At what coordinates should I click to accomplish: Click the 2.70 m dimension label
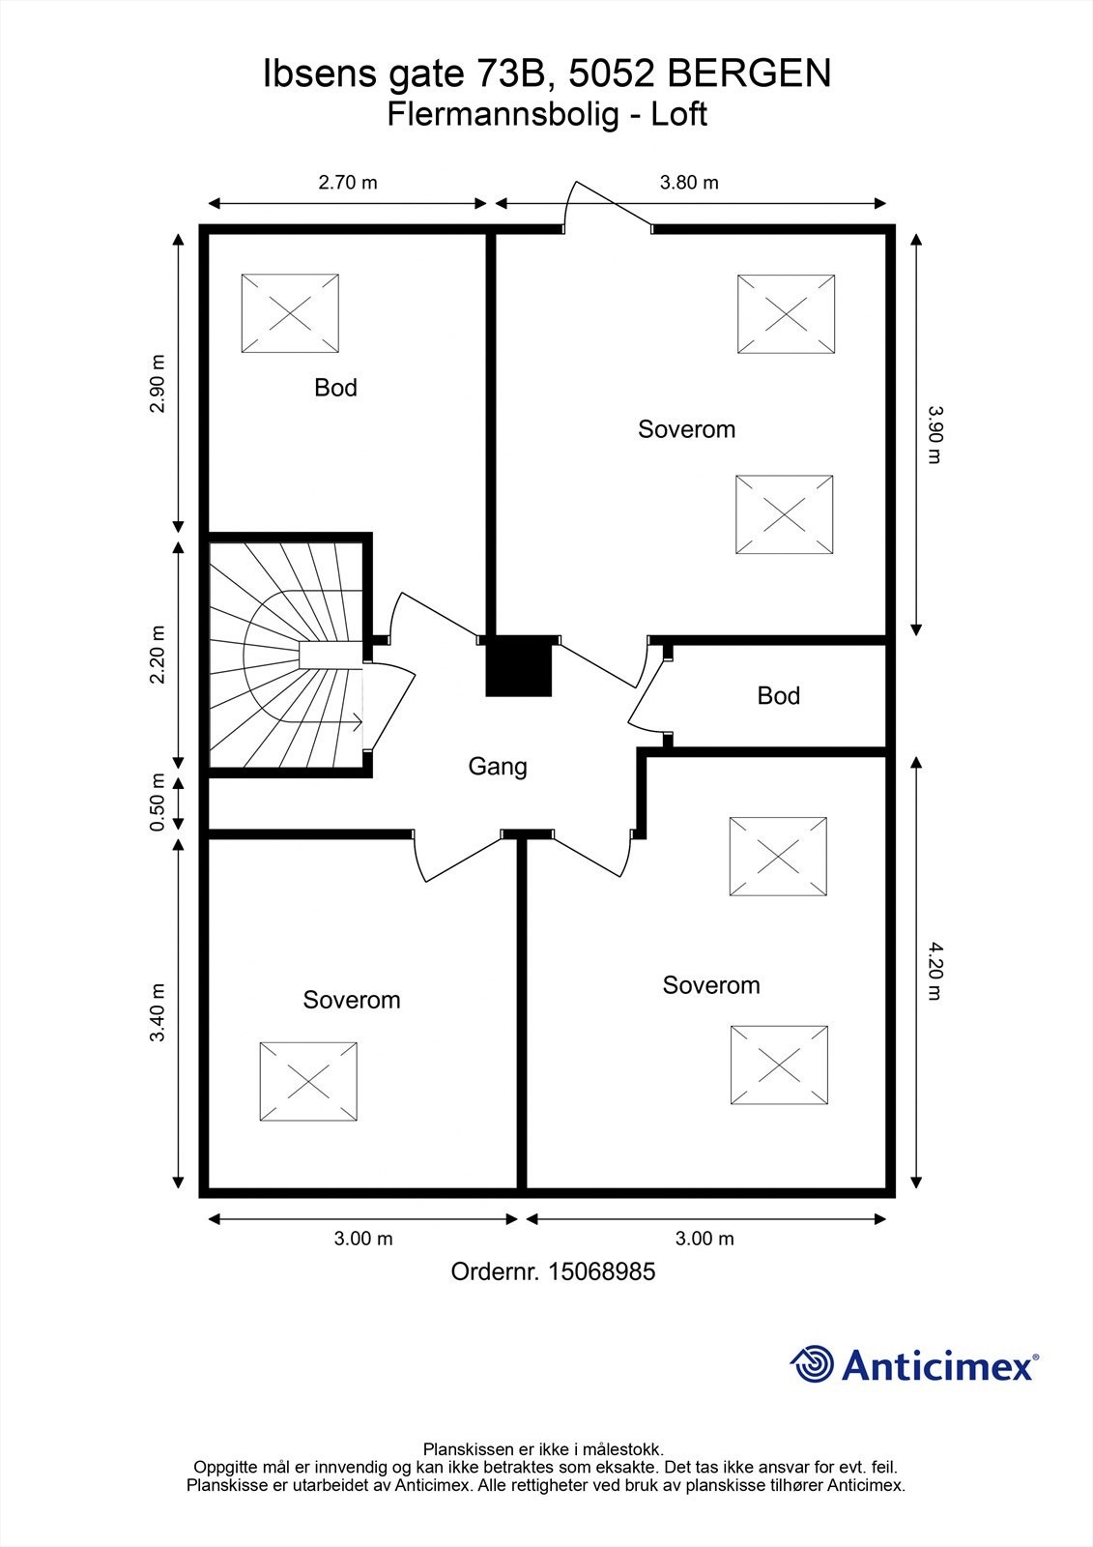pos(348,182)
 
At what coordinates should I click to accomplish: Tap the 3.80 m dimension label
pos(689,182)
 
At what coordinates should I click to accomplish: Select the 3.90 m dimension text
pos(934,434)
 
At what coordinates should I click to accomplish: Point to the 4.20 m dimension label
pos(934,971)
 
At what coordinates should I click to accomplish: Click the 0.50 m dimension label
pos(158,803)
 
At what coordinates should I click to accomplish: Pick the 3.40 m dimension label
pos(158,1012)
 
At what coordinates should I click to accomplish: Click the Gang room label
pos(498,767)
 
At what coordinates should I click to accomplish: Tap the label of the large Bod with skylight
pos(335,388)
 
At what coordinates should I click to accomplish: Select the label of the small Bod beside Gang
pos(778,696)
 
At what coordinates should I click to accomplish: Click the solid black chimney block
pos(519,666)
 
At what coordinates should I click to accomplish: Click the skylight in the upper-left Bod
pos(290,313)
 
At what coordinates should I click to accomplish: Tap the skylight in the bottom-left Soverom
pos(308,1081)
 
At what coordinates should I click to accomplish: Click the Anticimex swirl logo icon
pos(812,1364)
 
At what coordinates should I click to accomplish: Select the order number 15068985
pos(601,1271)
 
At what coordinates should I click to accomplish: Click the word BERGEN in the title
pos(749,73)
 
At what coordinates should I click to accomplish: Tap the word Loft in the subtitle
pos(678,114)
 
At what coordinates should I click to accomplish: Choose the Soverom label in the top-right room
pos(686,429)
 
